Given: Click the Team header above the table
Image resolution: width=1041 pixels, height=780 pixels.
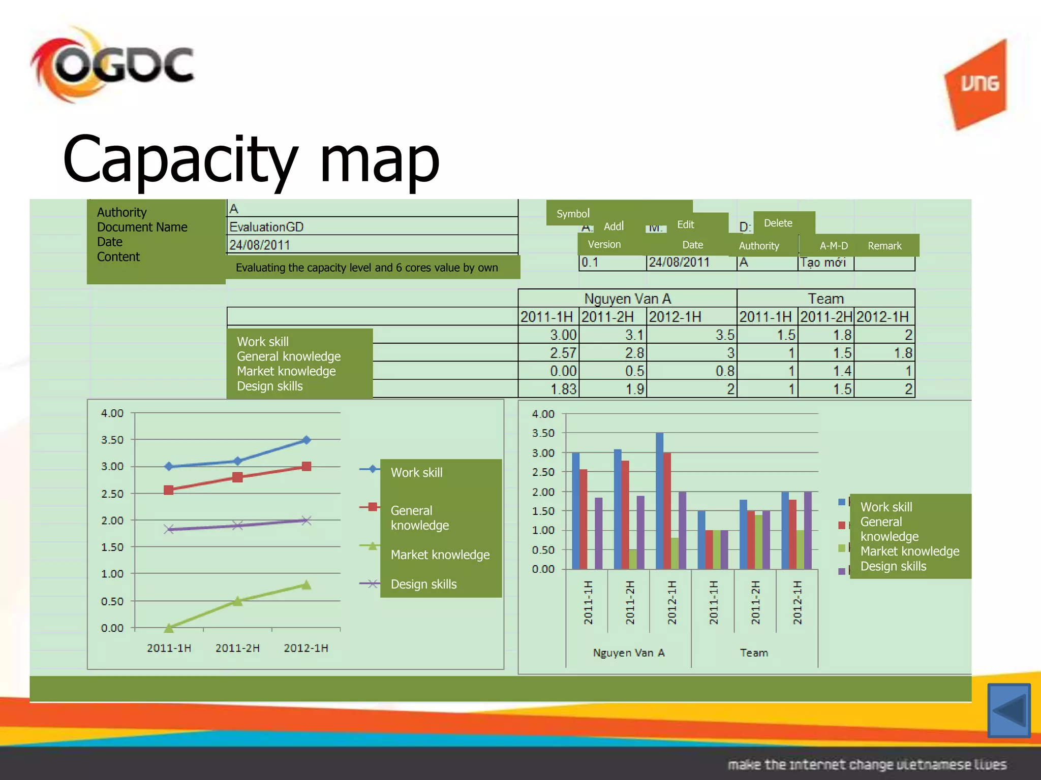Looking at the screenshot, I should (x=825, y=299).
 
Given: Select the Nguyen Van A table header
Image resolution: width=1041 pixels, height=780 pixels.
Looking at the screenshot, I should (x=627, y=299).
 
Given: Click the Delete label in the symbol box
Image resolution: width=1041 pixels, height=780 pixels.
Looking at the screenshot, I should (x=778, y=223).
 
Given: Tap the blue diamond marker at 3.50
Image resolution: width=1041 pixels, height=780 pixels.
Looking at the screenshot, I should (x=306, y=440).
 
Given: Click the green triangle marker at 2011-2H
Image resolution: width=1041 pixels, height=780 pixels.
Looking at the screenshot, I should (x=237, y=601).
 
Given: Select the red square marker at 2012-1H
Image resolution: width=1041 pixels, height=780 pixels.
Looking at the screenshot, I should (x=306, y=466).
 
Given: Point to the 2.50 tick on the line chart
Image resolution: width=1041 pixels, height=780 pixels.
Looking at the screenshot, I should (x=112, y=494).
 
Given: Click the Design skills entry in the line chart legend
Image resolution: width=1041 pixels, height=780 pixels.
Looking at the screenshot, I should (x=423, y=584).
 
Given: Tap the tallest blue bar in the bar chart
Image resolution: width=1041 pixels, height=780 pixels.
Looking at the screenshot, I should (x=659, y=500).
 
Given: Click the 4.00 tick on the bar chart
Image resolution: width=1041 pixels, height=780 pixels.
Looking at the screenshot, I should (x=543, y=414).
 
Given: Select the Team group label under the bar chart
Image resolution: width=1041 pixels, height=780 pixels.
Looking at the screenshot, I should (x=754, y=653).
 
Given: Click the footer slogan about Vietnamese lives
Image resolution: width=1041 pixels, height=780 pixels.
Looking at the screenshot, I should (x=867, y=764).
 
